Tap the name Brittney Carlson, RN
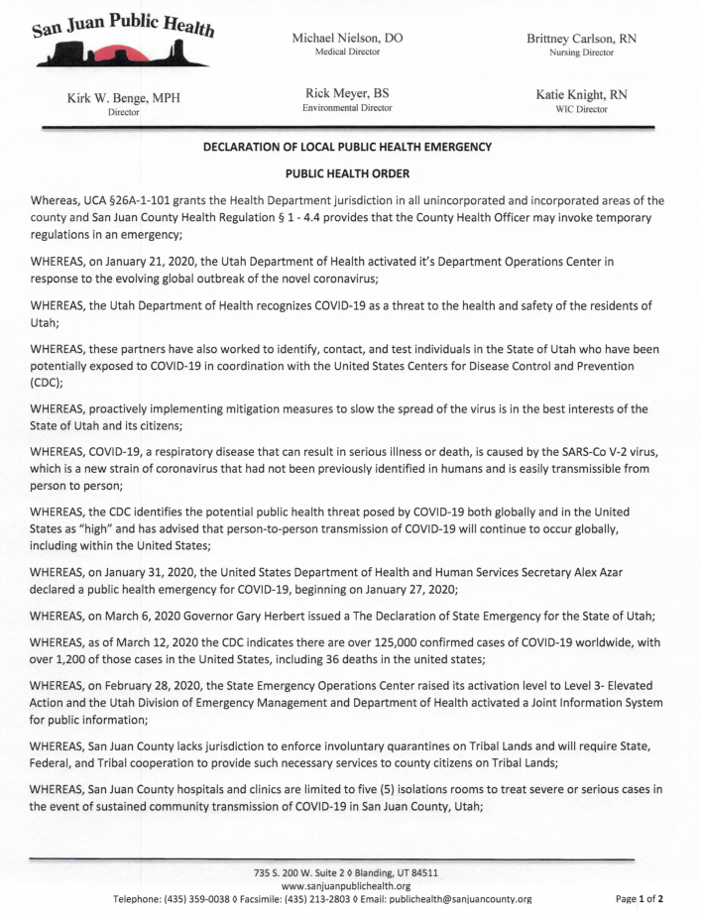coord(581,37)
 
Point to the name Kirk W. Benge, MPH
coord(124,97)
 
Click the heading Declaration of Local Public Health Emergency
coord(347,147)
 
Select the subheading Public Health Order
coord(347,172)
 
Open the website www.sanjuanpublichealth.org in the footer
coord(347,885)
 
